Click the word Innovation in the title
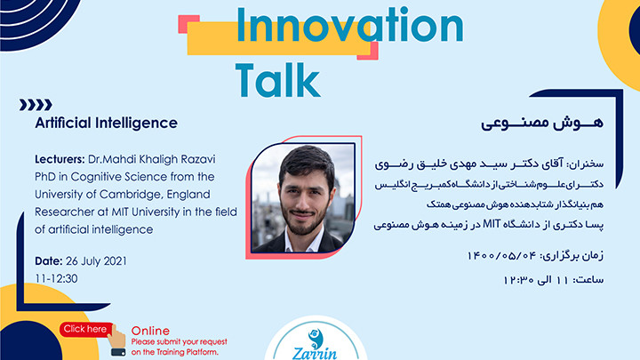click(349, 25)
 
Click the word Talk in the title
click(277, 80)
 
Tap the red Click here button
click(85, 330)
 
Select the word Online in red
click(150, 331)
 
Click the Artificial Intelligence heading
click(106, 123)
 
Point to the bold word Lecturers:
click(60, 159)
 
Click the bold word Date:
click(49, 261)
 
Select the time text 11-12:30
click(56, 279)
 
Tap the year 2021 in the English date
click(115, 261)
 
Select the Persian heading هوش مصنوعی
click(541, 123)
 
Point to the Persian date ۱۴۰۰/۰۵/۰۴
click(501, 256)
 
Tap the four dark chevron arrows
click(36, 105)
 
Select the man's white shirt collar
click(303, 242)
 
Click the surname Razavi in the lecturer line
click(199, 159)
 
